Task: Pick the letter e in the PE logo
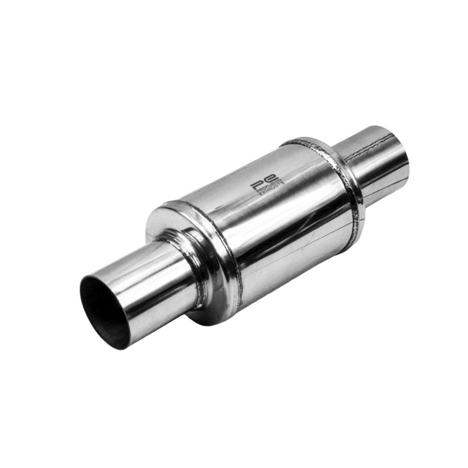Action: (x=273, y=177)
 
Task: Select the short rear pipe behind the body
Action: (x=376, y=157)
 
